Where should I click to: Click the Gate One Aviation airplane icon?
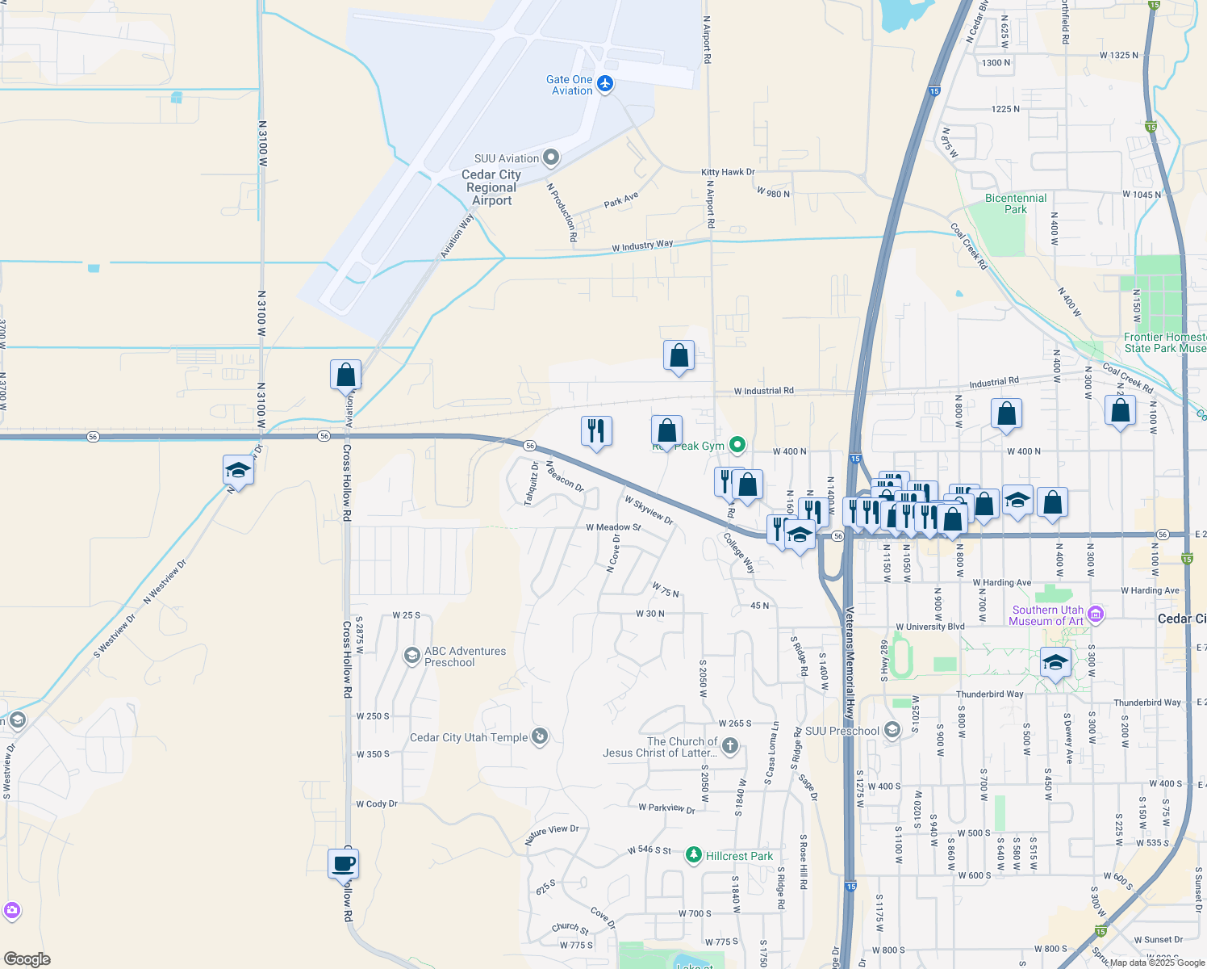pyautogui.click(x=605, y=84)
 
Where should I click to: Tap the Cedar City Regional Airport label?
pyautogui.click(x=491, y=187)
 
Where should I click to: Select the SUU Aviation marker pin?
pyautogui.click(x=551, y=157)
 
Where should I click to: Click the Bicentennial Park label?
pyautogui.click(x=1016, y=203)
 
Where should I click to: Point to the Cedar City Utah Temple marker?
pyautogui.click(x=540, y=736)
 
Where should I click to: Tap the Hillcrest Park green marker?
pyautogui.click(x=693, y=855)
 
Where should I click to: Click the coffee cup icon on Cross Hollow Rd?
pyautogui.click(x=344, y=863)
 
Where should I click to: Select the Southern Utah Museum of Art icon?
pyautogui.click(x=1095, y=615)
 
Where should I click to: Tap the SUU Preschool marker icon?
pyautogui.click(x=892, y=731)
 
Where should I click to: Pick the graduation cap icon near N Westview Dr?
pyautogui.click(x=238, y=470)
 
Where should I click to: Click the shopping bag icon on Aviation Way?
pyautogui.click(x=345, y=375)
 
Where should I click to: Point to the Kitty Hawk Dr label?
pyautogui.click(x=728, y=172)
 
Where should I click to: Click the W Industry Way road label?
pyautogui.click(x=642, y=245)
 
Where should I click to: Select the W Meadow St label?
pyautogui.click(x=613, y=527)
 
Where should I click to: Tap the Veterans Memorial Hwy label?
pyautogui.click(x=849, y=662)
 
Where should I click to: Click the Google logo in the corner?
pyautogui.click(x=27, y=959)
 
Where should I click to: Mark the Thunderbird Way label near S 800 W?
pyautogui.click(x=989, y=694)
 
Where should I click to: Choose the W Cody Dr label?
pyautogui.click(x=377, y=804)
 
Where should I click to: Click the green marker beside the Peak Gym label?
pyautogui.click(x=737, y=445)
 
